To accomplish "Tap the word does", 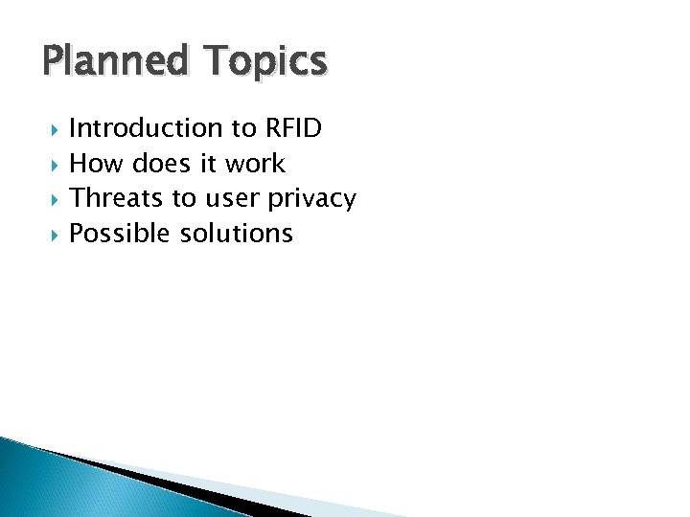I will (164, 164).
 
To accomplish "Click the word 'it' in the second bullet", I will (209, 164).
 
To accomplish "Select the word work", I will (255, 164).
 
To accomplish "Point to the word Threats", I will (117, 198).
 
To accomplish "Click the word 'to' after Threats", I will (183, 198).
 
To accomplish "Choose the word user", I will (231, 198).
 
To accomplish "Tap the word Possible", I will (121, 234).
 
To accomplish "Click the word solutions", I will (237, 234).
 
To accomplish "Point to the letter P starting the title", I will (53, 62).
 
